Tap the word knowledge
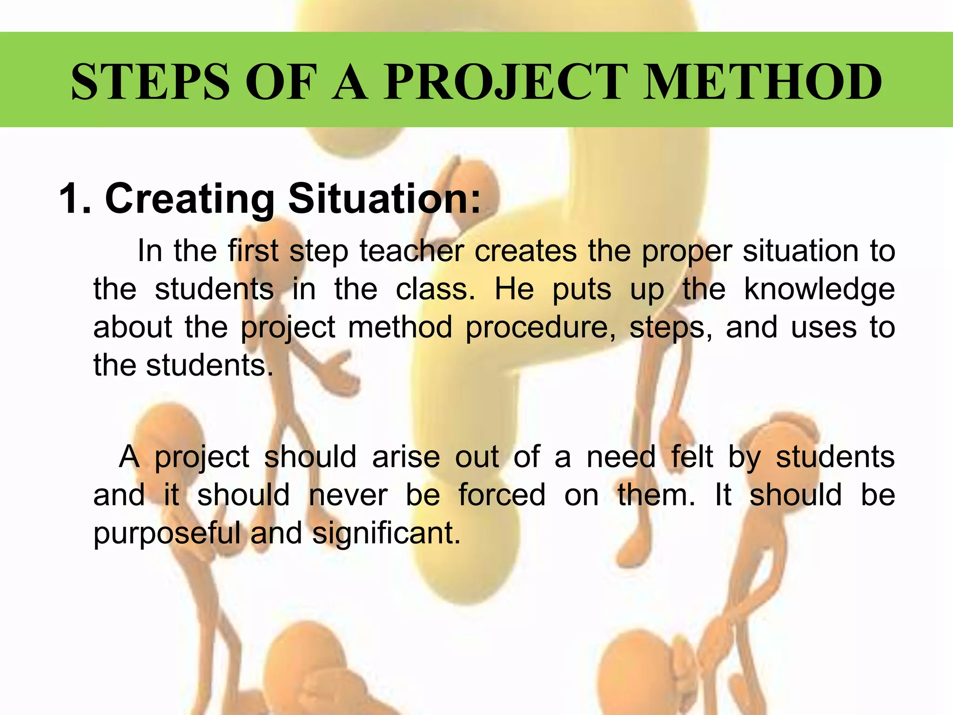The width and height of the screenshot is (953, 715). (x=819, y=290)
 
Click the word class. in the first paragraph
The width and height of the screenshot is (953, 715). (x=436, y=290)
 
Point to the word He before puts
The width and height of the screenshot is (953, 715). (x=514, y=290)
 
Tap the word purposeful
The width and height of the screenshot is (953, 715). (x=167, y=533)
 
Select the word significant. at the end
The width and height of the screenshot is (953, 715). (x=386, y=533)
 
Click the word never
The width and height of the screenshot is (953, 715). (x=348, y=495)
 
